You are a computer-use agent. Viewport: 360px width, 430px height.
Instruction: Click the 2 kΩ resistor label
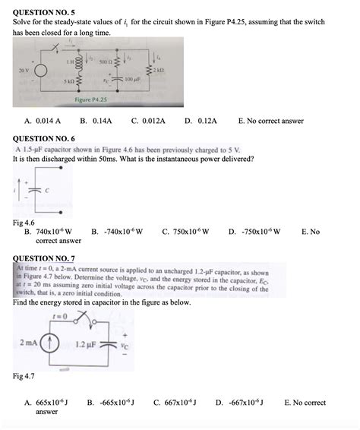[157, 70]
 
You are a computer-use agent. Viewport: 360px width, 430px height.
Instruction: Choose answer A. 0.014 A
[42, 121]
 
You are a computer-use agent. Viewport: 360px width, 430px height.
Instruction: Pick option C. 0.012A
[147, 121]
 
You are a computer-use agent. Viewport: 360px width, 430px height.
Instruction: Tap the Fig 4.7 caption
[24, 376]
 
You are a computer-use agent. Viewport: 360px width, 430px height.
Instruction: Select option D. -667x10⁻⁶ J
[241, 403]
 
